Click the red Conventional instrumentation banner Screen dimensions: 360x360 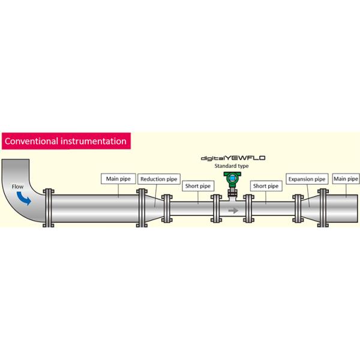pos(65,142)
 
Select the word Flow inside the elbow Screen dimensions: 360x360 pos(17,186)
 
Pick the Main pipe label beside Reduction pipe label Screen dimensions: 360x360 pos(118,178)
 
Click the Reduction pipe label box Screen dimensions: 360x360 pos(159,179)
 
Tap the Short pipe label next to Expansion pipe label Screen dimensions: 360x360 pos(266,186)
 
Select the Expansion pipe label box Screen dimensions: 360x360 pos(307,179)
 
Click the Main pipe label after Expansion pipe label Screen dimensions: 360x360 pos(346,178)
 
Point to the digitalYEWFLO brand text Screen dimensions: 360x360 pos(233,158)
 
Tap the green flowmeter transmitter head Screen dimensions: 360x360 pos(231,179)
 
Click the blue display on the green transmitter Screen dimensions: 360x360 pos(231,178)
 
